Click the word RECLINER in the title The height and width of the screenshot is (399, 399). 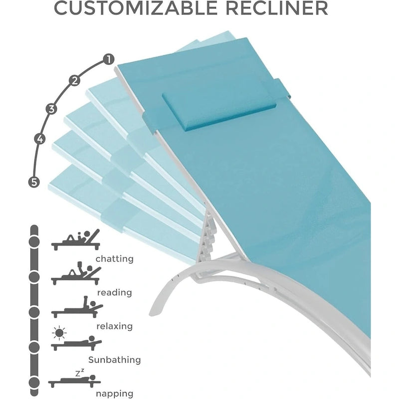[x=277, y=8]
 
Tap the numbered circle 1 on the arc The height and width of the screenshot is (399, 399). [x=109, y=59]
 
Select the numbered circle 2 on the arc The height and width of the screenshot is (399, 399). [x=74, y=80]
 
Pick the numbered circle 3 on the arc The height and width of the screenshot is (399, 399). [x=51, y=109]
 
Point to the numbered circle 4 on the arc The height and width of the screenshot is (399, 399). [x=40, y=139]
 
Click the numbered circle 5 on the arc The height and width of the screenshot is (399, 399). [x=33, y=182]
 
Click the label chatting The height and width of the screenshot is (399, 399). [x=115, y=259]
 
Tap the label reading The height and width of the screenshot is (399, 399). [x=115, y=293]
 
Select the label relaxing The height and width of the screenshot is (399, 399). [x=115, y=326]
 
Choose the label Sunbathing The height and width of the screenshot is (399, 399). [x=115, y=360]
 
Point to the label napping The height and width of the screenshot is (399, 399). [x=115, y=394]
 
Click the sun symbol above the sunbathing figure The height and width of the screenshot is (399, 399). [x=59, y=333]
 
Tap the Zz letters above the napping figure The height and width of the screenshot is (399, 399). [x=80, y=373]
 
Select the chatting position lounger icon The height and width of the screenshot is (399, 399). [x=76, y=240]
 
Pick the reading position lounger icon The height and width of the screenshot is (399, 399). [x=76, y=273]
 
